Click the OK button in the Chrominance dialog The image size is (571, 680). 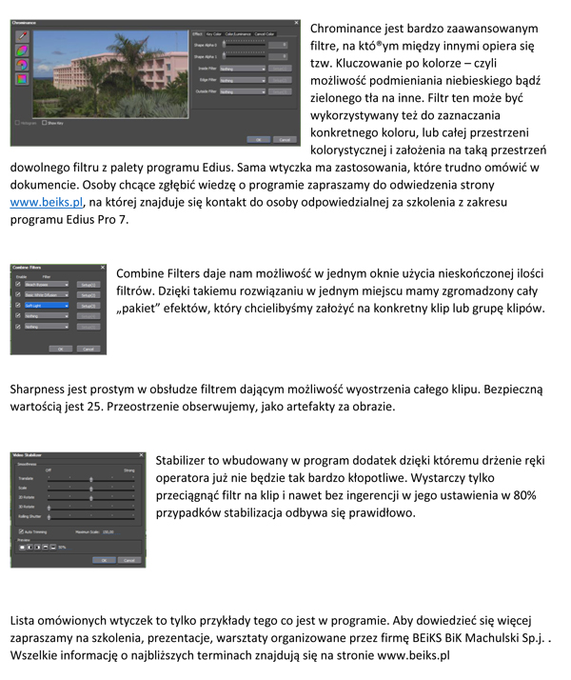pos(255,139)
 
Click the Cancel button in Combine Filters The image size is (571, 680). pos(89,349)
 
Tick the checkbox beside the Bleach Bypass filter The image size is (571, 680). pos(17,284)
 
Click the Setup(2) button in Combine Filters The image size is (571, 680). pos(87,294)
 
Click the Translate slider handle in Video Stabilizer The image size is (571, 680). pos(91,479)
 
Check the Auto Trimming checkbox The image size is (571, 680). pos(22,531)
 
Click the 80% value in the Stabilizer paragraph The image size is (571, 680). pos(522,495)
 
